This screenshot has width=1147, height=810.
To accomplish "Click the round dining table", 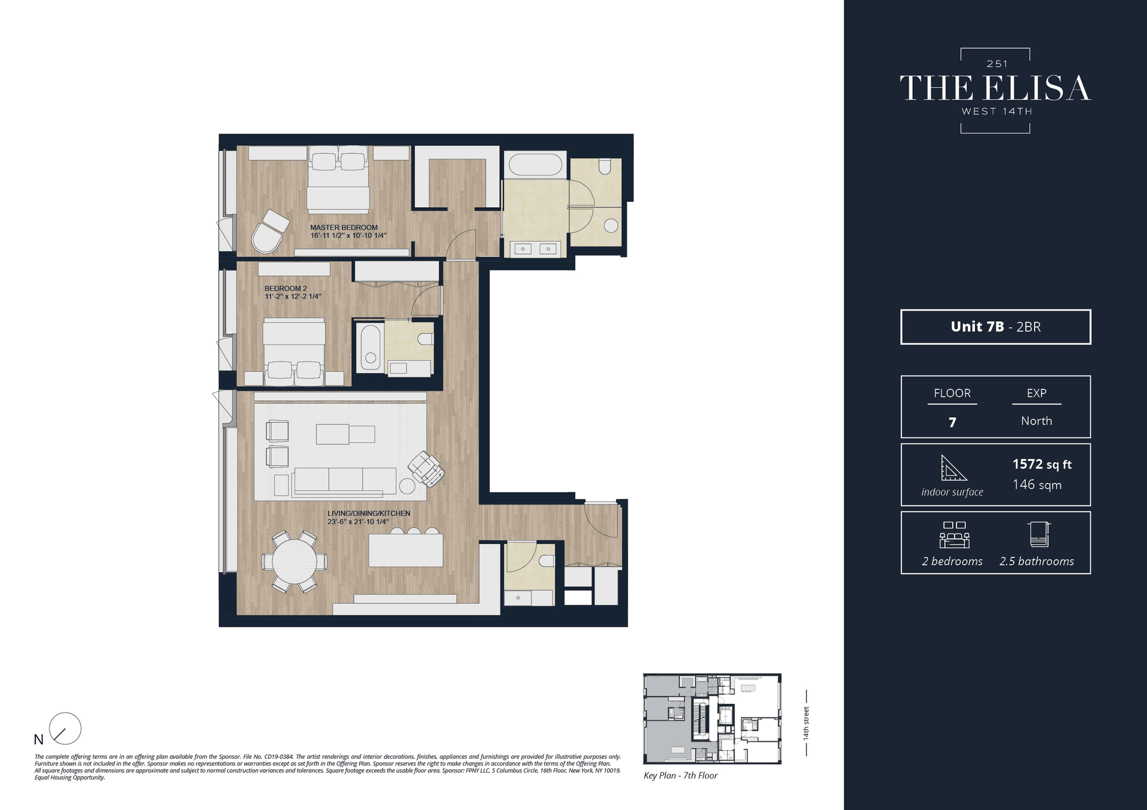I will tap(294, 562).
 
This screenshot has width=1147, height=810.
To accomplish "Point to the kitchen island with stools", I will tap(406, 550).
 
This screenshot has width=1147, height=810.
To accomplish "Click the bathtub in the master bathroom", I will tap(535, 165).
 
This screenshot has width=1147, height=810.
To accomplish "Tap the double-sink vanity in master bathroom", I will tap(535, 248).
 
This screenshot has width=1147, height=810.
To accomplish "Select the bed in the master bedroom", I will tap(338, 179).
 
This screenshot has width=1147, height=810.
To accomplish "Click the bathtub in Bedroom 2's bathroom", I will tap(370, 347).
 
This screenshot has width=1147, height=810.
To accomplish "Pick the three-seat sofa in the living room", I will tap(345, 481).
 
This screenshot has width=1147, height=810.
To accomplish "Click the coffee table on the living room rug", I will tap(345, 434).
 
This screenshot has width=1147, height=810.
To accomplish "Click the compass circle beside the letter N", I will tap(65, 728).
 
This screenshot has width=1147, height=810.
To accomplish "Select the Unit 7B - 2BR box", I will tap(995, 327).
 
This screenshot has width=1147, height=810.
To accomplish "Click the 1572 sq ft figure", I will tap(1041, 464).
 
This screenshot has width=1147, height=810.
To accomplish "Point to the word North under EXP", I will tap(1036, 421).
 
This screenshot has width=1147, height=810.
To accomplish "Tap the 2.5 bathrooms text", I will tap(1036, 561).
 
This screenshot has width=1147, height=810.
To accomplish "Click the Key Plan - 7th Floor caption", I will tap(680, 775).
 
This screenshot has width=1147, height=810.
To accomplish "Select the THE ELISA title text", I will tap(995, 88).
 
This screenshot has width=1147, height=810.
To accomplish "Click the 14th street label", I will tap(806, 723).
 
